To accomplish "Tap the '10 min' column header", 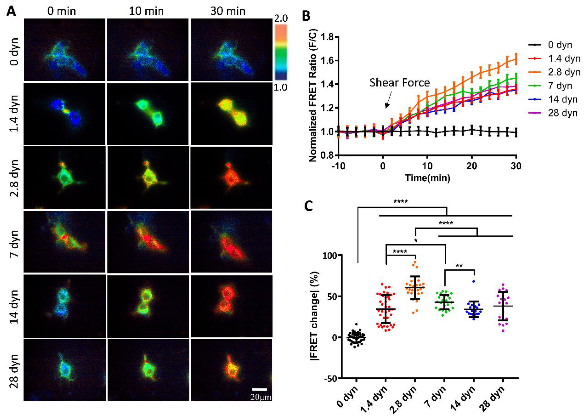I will tap(146, 11).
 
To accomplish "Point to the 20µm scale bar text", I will tap(261, 397).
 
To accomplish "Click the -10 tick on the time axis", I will tap(338, 166).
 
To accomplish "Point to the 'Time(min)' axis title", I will tap(427, 178).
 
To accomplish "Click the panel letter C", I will tap(309, 206).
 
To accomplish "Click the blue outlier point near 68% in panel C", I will tap(474, 281).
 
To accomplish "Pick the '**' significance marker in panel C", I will tap(459, 266).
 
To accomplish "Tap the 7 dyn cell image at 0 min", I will tap(64, 241).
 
